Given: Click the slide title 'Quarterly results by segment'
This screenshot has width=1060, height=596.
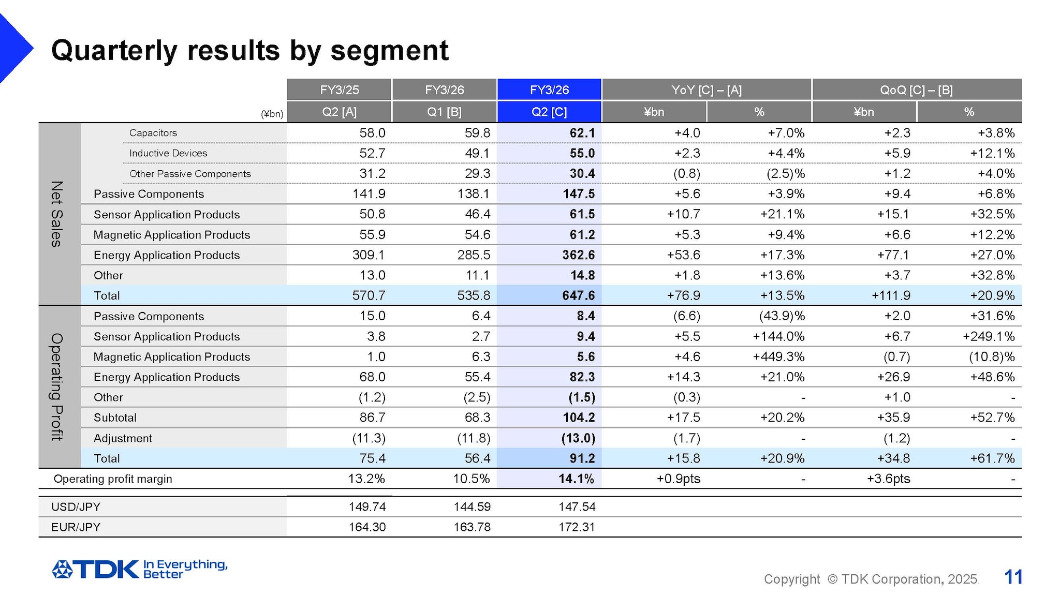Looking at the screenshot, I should pyautogui.click(x=249, y=51).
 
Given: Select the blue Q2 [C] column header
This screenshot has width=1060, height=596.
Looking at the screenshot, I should pyautogui.click(x=549, y=112).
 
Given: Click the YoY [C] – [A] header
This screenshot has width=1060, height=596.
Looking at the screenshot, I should pyautogui.click(x=706, y=90).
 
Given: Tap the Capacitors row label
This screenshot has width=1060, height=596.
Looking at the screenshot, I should pyautogui.click(x=153, y=133).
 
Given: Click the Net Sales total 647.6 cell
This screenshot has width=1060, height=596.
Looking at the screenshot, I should pyautogui.click(x=578, y=295).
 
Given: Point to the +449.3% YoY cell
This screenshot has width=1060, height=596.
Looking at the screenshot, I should pyautogui.click(x=778, y=357).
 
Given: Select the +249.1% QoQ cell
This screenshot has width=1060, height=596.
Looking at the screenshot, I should pyautogui.click(x=988, y=337).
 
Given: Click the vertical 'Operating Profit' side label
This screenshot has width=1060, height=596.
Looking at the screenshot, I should pyautogui.click(x=56, y=386).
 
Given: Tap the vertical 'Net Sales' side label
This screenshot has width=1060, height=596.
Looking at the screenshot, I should pyautogui.click(x=56, y=214).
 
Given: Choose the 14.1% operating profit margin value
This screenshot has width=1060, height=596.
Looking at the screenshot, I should pyautogui.click(x=576, y=479).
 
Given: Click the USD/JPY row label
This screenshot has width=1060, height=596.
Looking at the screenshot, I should pyautogui.click(x=76, y=507).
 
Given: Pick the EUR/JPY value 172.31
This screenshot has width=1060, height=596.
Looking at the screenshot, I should pyautogui.click(x=577, y=527).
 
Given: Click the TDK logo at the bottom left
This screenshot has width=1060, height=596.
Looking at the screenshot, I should pyautogui.click(x=96, y=569).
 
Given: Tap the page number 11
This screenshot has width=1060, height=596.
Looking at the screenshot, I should pyautogui.click(x=1013, y=577).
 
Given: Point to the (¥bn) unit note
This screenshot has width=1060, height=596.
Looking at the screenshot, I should pyautogui.click(x=272, y=114).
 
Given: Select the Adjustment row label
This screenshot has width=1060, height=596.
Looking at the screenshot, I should pyautogui.click(x=123, y=438).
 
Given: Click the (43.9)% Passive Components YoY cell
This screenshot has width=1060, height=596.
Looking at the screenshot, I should pyautogui.click(x=782, y=316).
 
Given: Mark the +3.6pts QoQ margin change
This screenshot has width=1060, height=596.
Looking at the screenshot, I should pyautogui.click(x=888, y=479).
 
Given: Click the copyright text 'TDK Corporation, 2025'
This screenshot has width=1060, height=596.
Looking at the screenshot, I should pyautogui.click(x=909, y=579).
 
